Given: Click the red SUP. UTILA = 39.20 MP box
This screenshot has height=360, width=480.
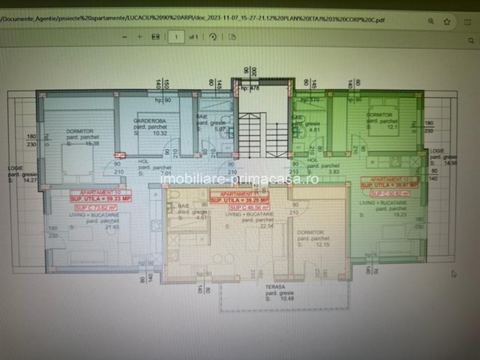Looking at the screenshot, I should point(239,200).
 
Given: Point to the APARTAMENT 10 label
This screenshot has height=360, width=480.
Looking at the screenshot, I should point(94,192).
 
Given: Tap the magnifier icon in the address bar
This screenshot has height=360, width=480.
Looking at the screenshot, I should point(431,22).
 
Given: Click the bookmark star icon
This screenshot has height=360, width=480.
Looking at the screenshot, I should point(447,22).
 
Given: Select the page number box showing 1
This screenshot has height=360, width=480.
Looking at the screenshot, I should point(177,37).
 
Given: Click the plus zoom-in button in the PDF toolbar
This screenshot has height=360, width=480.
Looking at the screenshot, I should point(140,37).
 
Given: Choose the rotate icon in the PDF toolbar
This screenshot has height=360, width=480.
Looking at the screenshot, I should point(213,37).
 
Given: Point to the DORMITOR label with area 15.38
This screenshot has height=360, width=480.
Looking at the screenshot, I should point(80,131).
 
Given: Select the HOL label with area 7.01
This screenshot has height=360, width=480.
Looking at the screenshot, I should point(144,162).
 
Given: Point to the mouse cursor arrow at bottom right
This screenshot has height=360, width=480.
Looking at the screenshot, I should point(454,274).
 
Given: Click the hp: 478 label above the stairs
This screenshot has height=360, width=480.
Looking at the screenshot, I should point(250,89).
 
